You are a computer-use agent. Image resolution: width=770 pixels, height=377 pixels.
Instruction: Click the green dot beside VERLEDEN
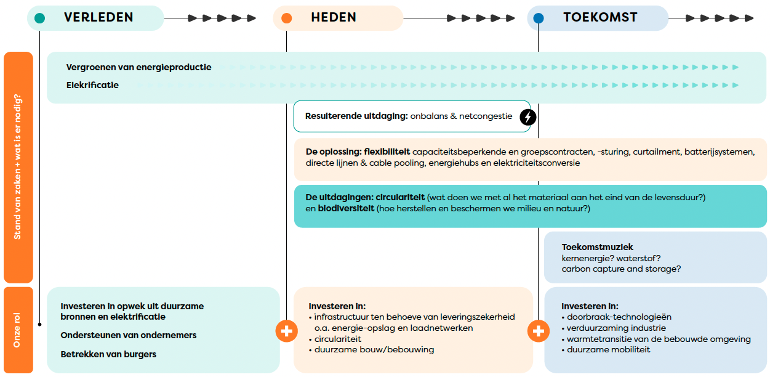(40, 18)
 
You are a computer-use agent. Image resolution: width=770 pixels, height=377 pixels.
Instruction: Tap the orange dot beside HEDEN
(286, 18)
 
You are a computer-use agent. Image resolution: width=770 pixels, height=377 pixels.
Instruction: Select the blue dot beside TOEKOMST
(539, 18)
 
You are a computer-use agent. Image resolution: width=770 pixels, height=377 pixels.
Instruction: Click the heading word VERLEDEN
(98, 18)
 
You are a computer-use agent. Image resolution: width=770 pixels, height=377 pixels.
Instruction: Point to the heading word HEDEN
(334, 18)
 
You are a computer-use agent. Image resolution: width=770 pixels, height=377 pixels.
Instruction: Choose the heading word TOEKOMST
(600, 18)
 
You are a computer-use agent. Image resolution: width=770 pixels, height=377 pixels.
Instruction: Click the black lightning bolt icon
(527, 116)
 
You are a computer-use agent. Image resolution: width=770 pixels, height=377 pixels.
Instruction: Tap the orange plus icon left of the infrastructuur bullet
(286, 331)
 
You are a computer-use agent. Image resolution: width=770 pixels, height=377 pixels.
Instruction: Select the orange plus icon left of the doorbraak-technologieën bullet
(539, 331)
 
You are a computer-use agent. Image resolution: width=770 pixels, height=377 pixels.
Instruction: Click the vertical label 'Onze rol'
(17, 331)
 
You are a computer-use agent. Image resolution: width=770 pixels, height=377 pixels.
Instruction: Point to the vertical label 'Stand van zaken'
(17, 167)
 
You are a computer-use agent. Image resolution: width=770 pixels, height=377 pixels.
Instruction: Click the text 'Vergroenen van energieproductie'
(138, 67)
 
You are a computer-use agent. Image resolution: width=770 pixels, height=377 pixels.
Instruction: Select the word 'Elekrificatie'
(92, 85)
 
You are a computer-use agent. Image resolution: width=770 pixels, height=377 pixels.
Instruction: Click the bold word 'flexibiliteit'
(387, 152)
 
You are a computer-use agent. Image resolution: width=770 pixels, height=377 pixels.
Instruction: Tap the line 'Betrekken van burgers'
(108, 354)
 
